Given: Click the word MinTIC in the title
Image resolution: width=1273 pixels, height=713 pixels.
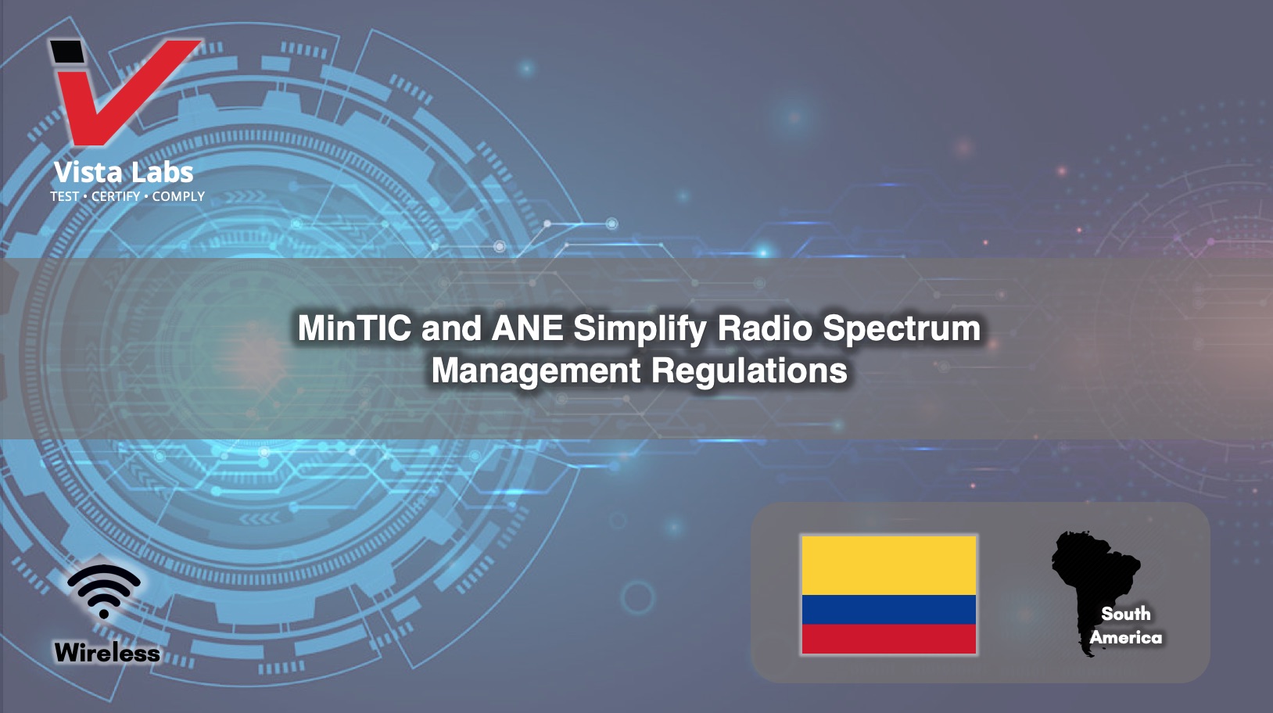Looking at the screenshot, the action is (x=354, y=328).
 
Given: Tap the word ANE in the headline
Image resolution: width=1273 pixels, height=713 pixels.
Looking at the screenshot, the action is (x=527, y=328).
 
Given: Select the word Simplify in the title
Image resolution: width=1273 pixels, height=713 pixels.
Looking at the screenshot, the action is (x=640, y=329).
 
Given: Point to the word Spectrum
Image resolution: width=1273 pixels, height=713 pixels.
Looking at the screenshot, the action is (x=902, y=329).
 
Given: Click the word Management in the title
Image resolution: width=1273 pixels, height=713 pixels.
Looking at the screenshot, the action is (x=536, y=371).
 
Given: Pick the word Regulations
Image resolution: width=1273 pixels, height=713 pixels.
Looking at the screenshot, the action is (x=749, y=371).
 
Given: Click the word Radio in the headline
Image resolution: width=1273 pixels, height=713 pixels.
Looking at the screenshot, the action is (x=765, y=328).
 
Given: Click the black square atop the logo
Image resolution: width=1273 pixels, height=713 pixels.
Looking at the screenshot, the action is (x=67, y=52).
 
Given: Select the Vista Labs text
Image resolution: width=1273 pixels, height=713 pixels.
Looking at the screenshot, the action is (x=124, y=172).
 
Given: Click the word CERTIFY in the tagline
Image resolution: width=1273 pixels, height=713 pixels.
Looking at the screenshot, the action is (x=116, y=196).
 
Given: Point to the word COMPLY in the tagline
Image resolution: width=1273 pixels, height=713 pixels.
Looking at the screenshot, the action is (x=178, y=196).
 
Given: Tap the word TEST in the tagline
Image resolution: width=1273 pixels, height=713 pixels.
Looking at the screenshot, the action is (x=65, y=196).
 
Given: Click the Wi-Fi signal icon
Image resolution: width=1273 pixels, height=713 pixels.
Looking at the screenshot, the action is (x=103, y=591).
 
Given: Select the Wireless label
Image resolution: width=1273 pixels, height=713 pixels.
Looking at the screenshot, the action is (x=107, y=653).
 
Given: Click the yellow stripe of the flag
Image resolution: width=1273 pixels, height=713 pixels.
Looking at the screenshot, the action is (x=889, y=565).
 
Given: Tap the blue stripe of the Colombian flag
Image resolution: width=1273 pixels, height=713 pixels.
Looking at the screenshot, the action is (x=889, y=610).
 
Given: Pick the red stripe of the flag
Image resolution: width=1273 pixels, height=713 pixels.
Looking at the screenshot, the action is (x=889, y=640).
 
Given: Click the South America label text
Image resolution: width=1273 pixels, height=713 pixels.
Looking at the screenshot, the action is (x=1125, y=625).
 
